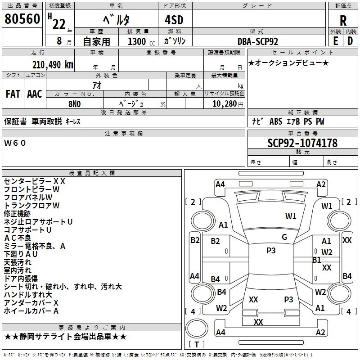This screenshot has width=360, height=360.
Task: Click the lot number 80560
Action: click(22, 19)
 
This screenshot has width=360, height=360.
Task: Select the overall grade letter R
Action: click(343, 20)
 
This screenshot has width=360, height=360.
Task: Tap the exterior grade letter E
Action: click(335, 41)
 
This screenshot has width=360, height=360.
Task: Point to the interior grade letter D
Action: click(350, 41)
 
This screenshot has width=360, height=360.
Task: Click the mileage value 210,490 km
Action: click(52, 64)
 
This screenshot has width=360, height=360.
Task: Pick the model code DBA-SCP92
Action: click(258, 41)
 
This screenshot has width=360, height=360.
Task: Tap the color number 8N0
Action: click(75, 103)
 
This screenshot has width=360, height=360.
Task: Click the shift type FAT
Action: click(13, 94)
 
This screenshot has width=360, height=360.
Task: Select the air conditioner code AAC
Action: click(34, 94)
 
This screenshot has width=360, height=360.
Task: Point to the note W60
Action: click(15, 143)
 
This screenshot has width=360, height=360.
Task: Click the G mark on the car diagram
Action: click(284, 237)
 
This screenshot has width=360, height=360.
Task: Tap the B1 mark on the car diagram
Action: click(316, 260)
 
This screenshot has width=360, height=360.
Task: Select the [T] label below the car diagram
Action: click(196, 345)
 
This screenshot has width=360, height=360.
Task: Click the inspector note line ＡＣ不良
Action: click(18, 238)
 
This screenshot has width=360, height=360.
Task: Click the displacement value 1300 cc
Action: click(141, 41)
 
